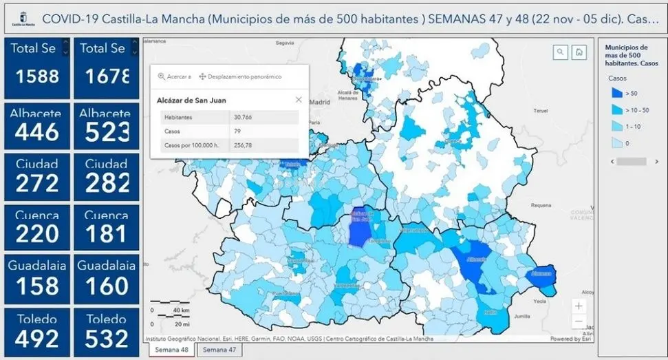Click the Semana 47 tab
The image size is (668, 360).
pos(219,350)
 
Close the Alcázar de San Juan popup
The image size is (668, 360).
pos(299,100)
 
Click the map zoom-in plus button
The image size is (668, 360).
pos(579,306)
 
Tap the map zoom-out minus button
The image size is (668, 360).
pos(579,321)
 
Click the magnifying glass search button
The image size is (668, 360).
pos(561,52)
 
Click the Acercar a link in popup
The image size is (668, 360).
pos(175,76)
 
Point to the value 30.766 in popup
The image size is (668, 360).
pos(248,118)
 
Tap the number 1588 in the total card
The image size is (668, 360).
pos(36,76)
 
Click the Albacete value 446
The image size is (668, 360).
pos(36,131)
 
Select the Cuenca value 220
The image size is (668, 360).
pos(36,234)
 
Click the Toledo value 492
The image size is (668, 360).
pos(36,338)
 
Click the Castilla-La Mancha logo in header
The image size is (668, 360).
pos(23,19)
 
